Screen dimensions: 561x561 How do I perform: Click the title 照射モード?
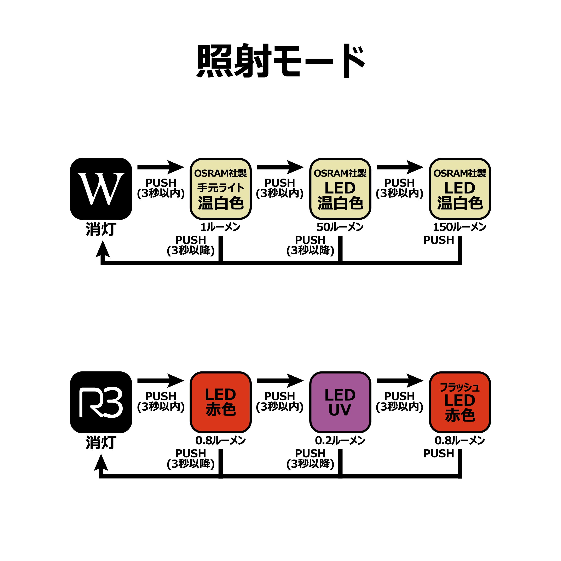[x=280, y=61]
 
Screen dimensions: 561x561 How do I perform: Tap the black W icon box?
[x=101, y=189]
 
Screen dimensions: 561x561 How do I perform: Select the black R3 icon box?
[x=101, y=402]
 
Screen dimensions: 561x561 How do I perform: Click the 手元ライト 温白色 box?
[x=221, y=189]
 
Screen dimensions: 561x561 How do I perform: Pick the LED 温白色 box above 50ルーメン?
[x=340, y=189]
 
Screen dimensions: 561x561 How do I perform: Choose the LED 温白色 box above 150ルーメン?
[x=460, y=189]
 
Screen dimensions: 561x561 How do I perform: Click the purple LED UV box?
[x=340, y=402]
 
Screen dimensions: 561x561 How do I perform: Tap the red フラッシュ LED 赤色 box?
[x=460, y=402]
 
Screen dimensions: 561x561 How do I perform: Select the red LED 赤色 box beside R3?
[x=221, y=402]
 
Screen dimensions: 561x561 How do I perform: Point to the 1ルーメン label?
[x=221, y=227]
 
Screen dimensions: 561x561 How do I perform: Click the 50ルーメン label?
[x=340, y=227]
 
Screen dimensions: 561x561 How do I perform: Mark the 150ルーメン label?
[x=460, y=227]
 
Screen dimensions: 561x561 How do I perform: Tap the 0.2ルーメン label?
[x=340, y=440]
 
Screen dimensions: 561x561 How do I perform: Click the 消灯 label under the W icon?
[x=101, y=229]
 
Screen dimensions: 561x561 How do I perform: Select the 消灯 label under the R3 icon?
[x=101, y=443]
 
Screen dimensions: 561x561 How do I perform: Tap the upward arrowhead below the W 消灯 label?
[x=103, y=250]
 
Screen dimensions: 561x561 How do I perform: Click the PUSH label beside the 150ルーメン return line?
[x=439, y=240]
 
